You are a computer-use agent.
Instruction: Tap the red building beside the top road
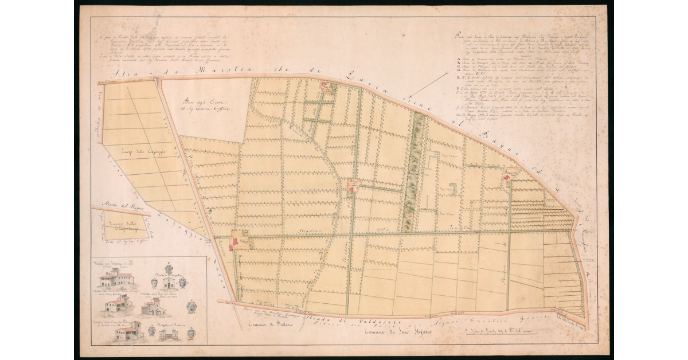tap(326, 88)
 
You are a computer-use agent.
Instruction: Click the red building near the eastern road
tap(507, 178)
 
